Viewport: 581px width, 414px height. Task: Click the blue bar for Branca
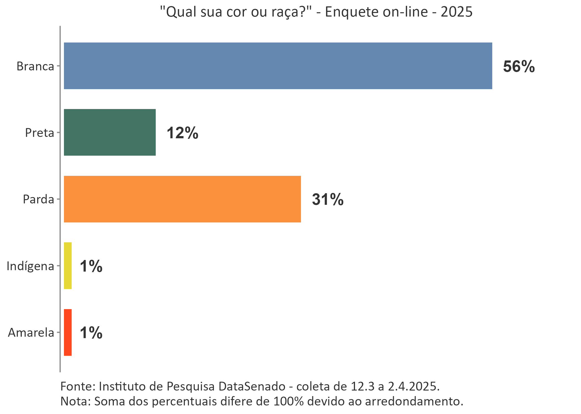[278, 66]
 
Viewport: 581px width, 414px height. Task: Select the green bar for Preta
[110, 132]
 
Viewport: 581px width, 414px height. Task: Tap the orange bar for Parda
[182, 199]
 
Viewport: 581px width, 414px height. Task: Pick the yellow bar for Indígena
[68, 266]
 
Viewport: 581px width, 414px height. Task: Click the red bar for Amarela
[68, 332]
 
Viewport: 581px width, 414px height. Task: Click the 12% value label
[182, 133]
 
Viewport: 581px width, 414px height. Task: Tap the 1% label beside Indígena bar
[91, 266]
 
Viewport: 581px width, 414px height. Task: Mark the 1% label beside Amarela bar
[91, 333]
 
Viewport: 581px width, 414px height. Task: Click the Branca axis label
[35, 66]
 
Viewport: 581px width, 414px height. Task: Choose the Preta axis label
[39, 133]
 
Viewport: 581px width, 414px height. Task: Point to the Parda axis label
[38, 199]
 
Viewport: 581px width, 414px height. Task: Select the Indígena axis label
[30, 266]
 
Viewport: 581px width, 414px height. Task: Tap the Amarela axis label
[31, 333]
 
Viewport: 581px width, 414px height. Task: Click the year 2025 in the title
[456, 12]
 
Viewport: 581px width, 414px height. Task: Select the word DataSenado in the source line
[252, 386]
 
